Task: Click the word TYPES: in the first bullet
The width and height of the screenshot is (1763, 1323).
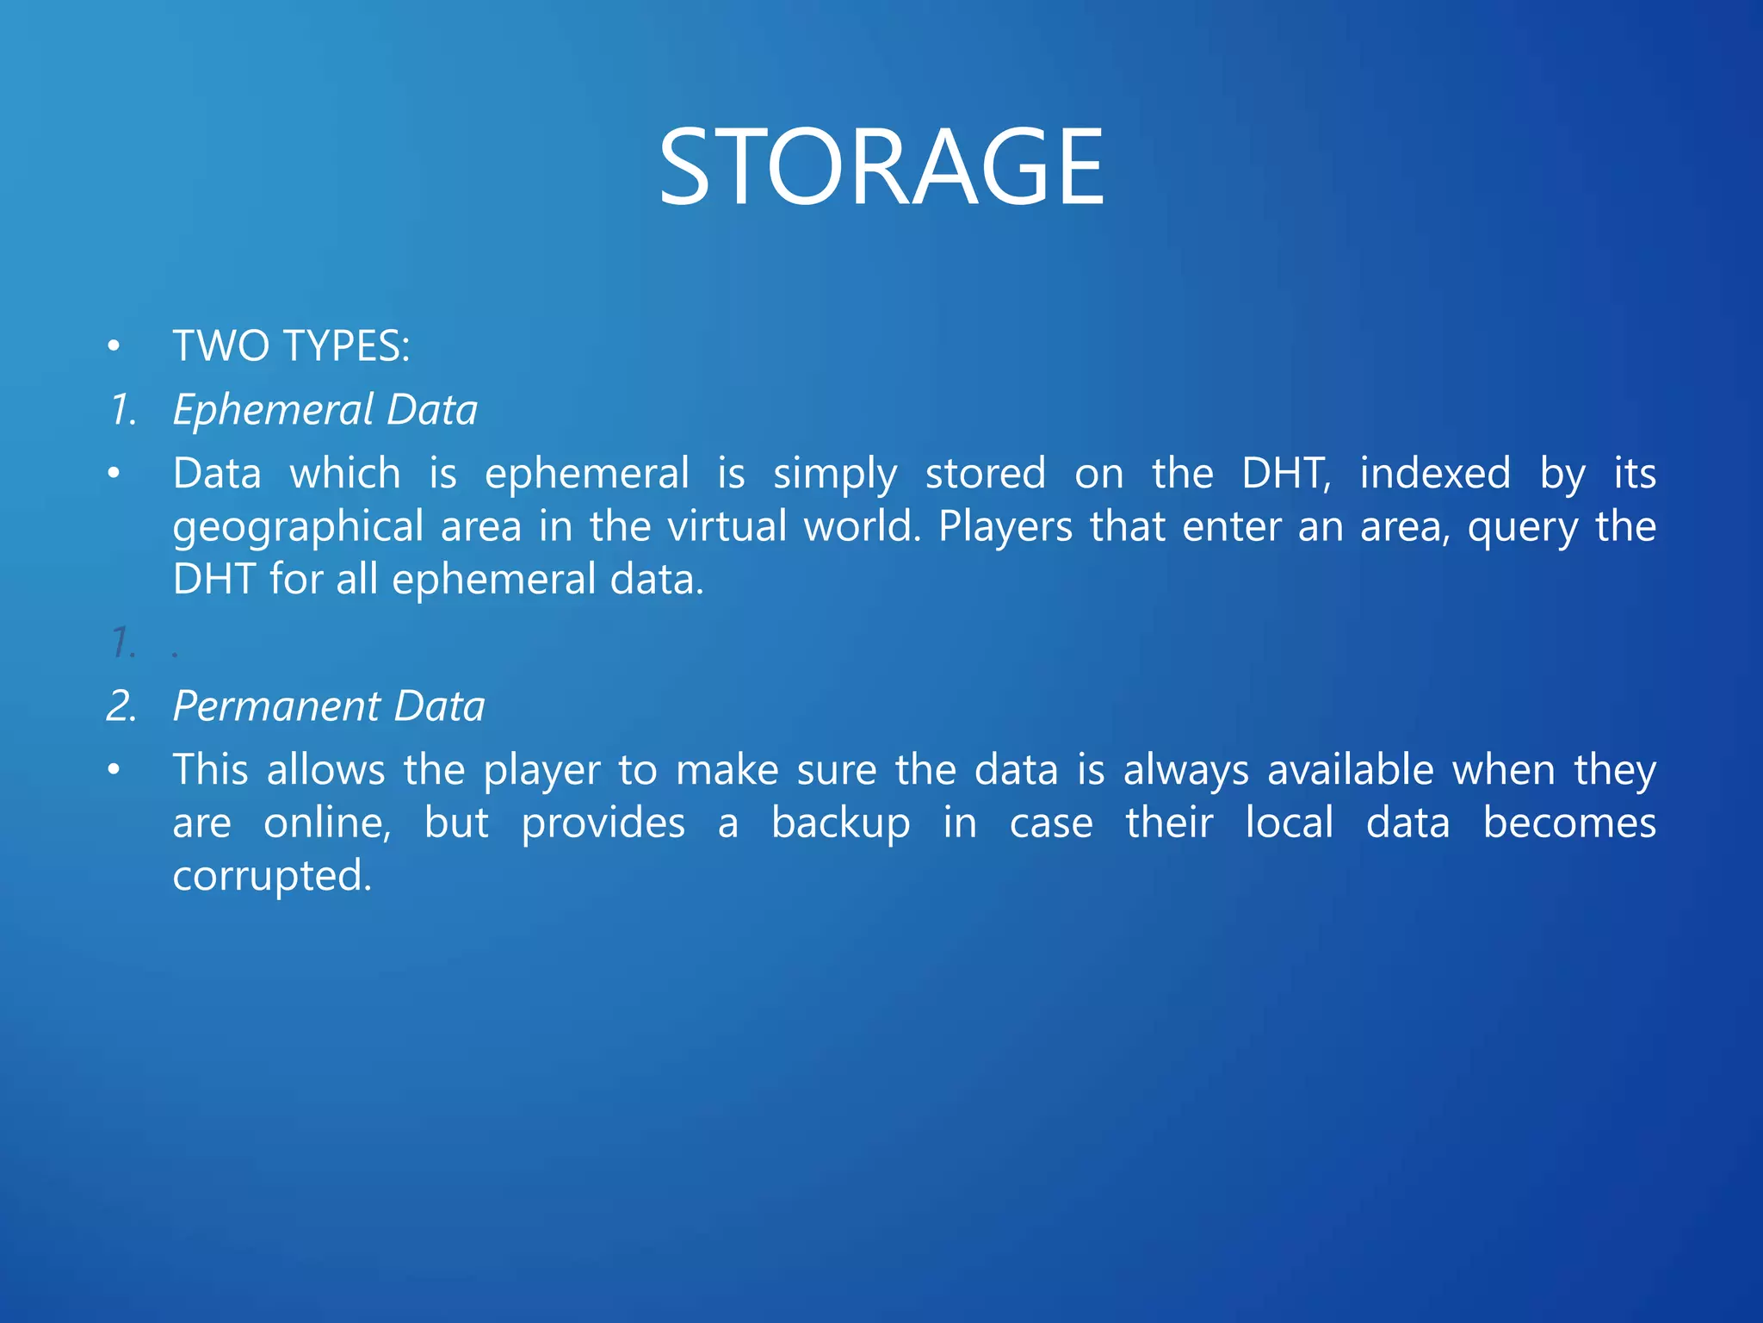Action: tap(347, 346)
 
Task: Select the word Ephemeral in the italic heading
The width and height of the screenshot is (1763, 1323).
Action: tap(273, 410)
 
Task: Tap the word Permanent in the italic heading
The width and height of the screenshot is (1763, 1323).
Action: tap(276, 706)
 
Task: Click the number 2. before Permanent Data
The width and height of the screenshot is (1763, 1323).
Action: tap(122, 706)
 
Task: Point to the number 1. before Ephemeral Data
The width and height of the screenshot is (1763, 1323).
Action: tap(124, 410)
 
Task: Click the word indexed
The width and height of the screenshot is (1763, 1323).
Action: tap(1435, 474)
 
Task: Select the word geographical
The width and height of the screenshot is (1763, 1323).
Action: tap(298, 527)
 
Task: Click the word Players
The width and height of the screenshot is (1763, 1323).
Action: tap(1005, 526)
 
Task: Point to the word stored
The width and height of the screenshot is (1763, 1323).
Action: tap(986, 474)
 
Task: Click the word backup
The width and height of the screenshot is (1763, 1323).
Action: tap(840, 823)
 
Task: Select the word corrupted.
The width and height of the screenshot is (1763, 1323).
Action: tap(272, 877)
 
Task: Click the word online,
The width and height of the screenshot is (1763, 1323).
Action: tap(327, 823)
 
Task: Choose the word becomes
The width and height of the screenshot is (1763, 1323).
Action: tap(1569, 823)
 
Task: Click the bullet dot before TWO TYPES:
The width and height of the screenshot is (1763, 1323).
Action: tap(114, 347)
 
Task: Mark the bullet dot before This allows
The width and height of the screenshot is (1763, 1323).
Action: tap(114, 770)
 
